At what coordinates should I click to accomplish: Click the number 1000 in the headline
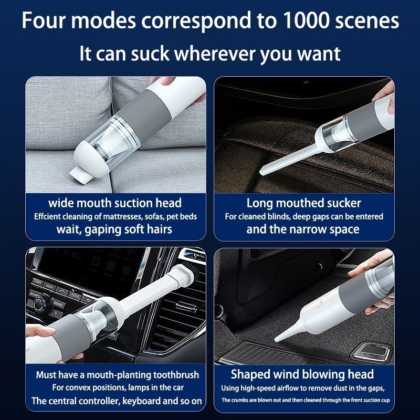tap(306, 20)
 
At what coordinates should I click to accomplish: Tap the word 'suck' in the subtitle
tap(150, 54)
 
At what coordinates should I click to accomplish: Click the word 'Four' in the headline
tap(43, 20)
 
